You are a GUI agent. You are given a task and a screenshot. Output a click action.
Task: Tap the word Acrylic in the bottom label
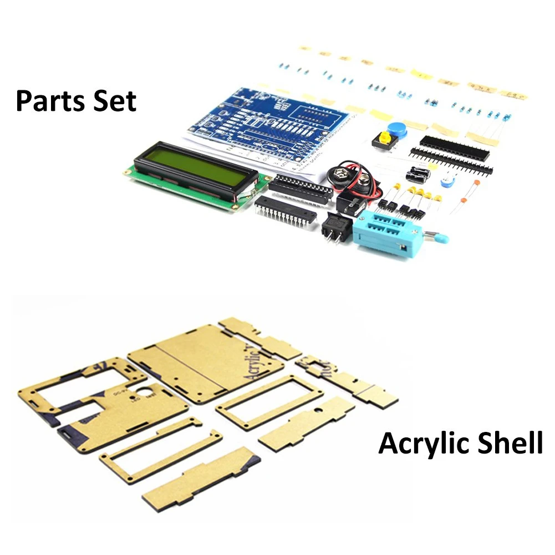click(x=420, y=444)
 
